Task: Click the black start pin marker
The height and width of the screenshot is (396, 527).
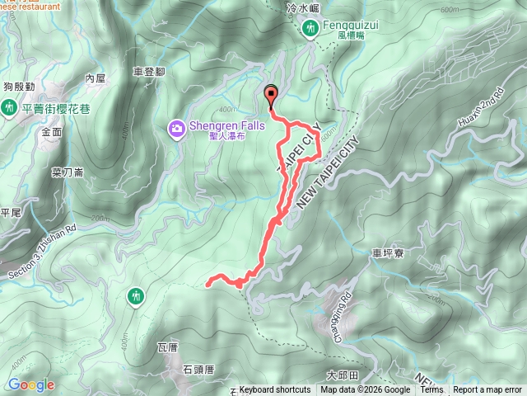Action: (270, 94)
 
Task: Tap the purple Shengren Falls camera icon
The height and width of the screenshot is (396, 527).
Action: (176, 128)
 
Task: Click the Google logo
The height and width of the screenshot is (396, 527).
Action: (31, 384)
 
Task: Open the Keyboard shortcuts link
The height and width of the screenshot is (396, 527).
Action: (275, 390)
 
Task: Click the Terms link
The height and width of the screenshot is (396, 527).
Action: (431, 390)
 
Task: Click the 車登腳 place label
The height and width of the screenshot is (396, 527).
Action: (148, 72)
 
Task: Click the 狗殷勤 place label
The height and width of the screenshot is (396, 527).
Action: (18, 85)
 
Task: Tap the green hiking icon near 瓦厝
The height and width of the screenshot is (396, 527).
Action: (135, 295)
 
